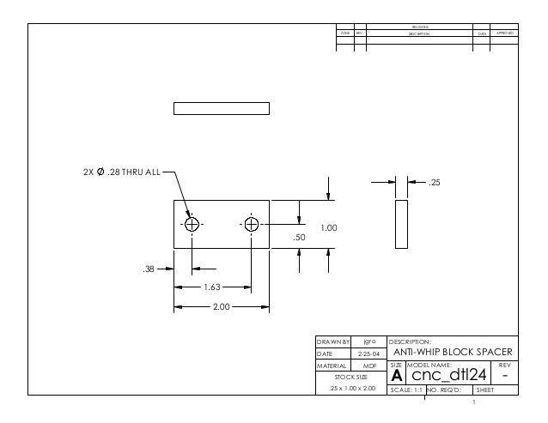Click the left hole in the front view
[x=192, y=225]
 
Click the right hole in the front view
[x=252, y=225]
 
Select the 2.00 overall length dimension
[x=222, y=305]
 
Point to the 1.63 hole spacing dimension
[x=214, y=288]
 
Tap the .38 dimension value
[x=149, y=269]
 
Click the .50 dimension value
[x=299, y=237]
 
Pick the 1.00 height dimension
[x=328, y=228]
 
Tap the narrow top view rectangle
[x=222, y=109]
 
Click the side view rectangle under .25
[x=402, y=225]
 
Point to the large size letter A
[x=397, y=377]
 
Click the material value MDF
[x=370, y=365]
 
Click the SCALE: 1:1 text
[x=406, y=390]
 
